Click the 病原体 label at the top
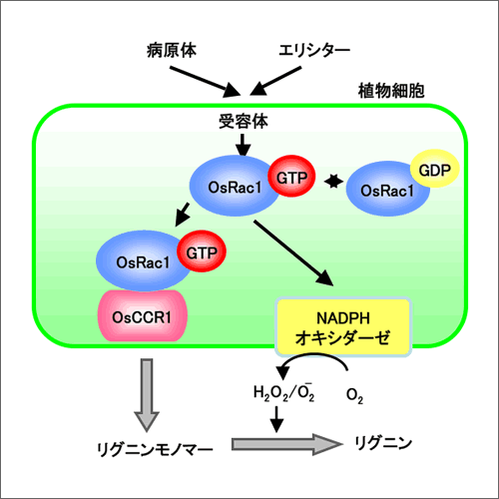(172, 51)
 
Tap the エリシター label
(314, 51)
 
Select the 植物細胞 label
(391, 91)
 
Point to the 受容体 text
(244, 121)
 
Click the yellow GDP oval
(435, 169)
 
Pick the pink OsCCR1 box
(143, 316)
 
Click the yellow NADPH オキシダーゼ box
(343, 327)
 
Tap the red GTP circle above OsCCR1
(202, 251)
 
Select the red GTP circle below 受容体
(291, 177)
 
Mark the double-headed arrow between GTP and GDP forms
(333, 182)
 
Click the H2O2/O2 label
(283, 392)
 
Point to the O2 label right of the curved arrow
(354, 395)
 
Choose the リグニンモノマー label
(155, 449)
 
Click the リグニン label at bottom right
(383, 443)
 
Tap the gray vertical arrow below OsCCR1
(147, 395)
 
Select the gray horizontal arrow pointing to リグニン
(287, 444)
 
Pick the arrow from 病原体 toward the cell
(206, 82)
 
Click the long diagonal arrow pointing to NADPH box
(293, 252)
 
